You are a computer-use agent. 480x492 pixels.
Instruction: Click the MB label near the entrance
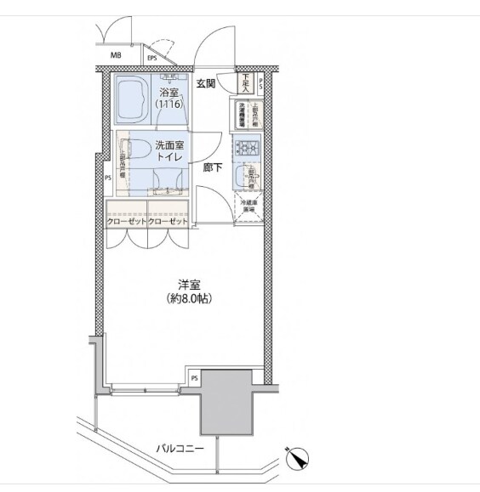tap(115, 58)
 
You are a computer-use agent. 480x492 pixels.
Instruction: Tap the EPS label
tap(152, 58)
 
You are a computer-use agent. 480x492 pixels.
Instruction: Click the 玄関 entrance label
tap(206, 83)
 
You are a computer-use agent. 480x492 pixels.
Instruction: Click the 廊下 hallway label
tap(213, 167)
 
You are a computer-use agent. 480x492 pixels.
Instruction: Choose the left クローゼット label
tap(126, 221)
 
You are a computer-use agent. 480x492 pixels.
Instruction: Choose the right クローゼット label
tap(168, 221)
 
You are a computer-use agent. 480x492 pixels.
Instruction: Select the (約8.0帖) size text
tap(188, 301)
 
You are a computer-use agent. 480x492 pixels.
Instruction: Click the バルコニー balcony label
tap(180, 448)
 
